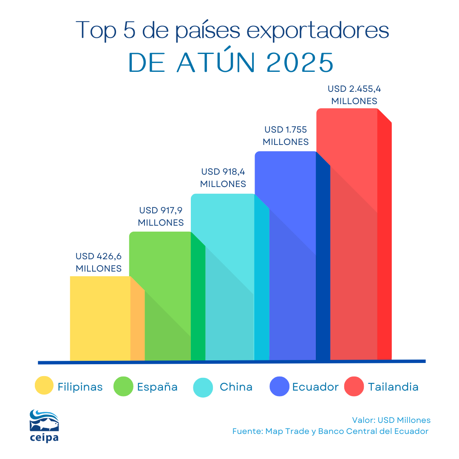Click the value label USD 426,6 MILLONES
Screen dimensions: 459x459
point(99,262)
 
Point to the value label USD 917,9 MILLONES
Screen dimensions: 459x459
point(161,216)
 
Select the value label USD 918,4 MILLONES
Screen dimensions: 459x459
point(223,178)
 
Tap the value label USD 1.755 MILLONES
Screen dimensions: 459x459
point(286,136)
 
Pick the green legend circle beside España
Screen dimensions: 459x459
point(124,386)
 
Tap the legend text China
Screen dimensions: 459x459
point(236,387)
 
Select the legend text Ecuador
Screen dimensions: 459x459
point(315,387)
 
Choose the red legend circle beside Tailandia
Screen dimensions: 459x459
point(354,386)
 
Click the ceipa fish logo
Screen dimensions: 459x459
point(44,425)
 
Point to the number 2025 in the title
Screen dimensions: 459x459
point(300,62)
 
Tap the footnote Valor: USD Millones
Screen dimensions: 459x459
point(391,420)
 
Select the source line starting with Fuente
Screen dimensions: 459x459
point(330,431)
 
